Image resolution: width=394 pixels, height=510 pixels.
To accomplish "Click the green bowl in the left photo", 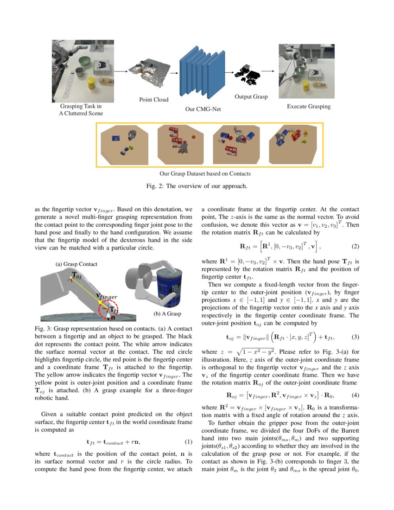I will pyautogui.click(x=86, y=60).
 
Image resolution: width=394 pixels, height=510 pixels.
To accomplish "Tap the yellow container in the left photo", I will pyautogui.click(x=92, y=84).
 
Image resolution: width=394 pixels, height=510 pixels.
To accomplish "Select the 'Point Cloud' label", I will pyautogui.click(x=154, y=100).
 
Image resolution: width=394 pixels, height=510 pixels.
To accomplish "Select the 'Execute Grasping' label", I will pyautogui.click(x=309, y=107).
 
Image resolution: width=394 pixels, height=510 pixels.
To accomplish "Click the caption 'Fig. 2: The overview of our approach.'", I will pyautogui.click(x=197, y=186).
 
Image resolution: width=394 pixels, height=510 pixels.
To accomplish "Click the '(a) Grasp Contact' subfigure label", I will pyautogui.click(x=76, y=264).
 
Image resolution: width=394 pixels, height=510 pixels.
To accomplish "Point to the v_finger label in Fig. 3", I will pyautogui.click(x=107, y=296).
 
